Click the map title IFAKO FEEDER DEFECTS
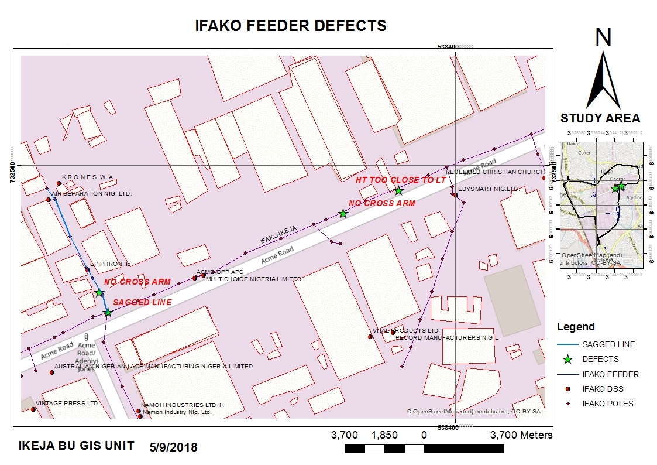pyautogui.click(x=291, y=26)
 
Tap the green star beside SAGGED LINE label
pyautogui.click(x=108, y=313)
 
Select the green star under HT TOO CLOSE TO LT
pyautogui.click(x=398, y=190)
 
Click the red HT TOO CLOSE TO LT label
pyautogui.click(x=401, y=180)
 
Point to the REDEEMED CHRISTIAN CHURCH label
pyautogui.click(x=495, y=172)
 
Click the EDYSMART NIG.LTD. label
pyautogui.click(x=489, y=189)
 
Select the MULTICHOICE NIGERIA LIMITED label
pyautogui.click(x=253, y=279)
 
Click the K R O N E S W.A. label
pyautogui.click(x=88, y=177)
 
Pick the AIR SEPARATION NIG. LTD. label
pyautogui.click(x=92, y=193)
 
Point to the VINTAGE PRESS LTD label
pyautogui.click(x=66, y=404)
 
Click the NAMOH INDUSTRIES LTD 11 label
pyautogui.click(x=183, y=405)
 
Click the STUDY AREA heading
pyautogui.click(x=600, y=118)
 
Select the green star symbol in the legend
pyautogui.click(x=567, y=359)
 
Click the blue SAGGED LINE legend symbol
pyautogui.click(x=567, y=344)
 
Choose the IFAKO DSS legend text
pyautogui.click(x=603, y=389)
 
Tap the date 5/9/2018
pyautogui.click(x=174, y=447)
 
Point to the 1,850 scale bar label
pyautogui.click(x=384, y=435)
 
